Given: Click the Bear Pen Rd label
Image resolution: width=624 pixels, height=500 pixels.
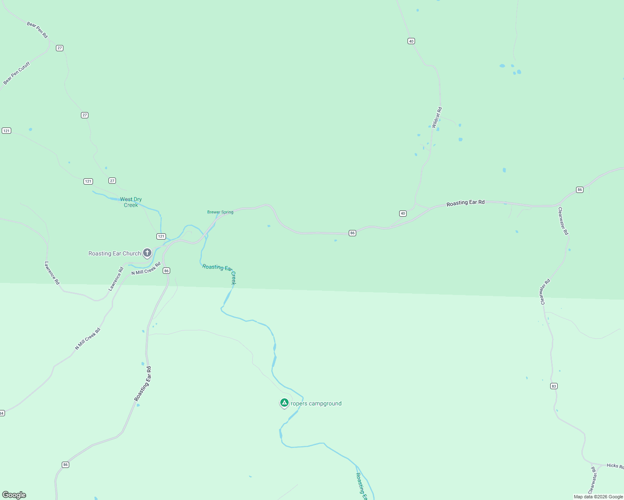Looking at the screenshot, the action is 38,30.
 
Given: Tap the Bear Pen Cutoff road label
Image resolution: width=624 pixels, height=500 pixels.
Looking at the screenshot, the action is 17,73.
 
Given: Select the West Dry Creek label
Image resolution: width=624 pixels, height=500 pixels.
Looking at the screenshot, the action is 131,202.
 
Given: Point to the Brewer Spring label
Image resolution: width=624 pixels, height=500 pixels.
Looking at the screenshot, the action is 220,212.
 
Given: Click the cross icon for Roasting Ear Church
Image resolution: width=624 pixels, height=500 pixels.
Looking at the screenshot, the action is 147,252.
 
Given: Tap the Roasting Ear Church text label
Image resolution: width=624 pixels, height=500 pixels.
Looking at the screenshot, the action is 115,253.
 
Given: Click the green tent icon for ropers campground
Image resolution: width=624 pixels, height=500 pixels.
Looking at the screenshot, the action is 284,402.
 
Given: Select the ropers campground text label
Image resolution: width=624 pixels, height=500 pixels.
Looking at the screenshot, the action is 316,403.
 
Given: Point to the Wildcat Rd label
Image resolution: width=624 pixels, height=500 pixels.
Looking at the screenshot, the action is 437,117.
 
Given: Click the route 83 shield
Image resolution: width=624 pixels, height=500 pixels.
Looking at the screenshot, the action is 554,386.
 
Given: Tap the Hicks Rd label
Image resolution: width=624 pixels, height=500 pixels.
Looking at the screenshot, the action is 615,465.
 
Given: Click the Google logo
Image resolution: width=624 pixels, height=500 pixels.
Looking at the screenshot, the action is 14,495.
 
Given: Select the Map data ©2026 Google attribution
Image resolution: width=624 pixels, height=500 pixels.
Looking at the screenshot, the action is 598,497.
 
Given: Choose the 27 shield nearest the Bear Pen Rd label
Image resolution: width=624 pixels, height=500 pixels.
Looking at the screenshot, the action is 60,48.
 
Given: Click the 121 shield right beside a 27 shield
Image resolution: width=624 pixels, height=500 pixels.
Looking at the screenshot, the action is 88,181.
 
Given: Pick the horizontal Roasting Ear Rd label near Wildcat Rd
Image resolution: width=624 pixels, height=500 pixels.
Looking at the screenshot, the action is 465,203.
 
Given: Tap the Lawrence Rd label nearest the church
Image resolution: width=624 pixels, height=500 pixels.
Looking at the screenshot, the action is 116,279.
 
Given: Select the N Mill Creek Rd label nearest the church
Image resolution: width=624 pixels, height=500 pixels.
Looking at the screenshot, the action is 146,269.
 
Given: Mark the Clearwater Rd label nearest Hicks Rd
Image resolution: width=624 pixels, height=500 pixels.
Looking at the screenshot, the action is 593,480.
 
